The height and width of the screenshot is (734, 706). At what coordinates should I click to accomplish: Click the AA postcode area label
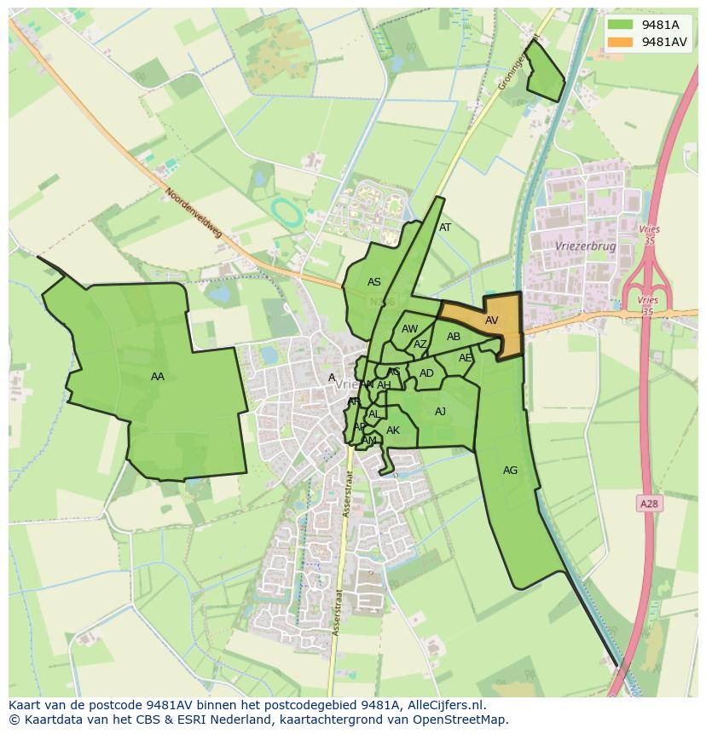[157, 377]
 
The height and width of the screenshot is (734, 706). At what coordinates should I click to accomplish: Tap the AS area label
[374, 282]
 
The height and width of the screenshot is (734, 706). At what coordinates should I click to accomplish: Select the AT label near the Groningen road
[445, 228]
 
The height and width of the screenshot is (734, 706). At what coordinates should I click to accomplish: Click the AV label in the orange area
[491, 321]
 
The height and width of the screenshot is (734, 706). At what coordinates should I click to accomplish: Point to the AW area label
[410, 329]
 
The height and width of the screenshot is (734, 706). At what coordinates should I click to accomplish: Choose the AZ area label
[420, 344]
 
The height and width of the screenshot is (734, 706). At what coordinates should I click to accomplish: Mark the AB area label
[454, 337]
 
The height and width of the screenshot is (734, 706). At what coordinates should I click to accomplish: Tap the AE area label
[465, 358]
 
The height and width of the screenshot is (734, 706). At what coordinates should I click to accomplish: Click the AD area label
[426, 373]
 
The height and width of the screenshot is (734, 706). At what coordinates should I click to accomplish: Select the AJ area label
[440, 412]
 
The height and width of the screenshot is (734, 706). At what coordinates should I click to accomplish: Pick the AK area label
[393, 431]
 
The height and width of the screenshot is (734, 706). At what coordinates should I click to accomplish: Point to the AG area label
[510, 471]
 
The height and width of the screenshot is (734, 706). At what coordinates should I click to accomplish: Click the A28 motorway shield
[649, 504]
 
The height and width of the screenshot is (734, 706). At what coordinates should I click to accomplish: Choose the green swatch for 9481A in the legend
[620, 25]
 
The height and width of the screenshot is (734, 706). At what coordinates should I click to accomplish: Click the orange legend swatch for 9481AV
[620, 42]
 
